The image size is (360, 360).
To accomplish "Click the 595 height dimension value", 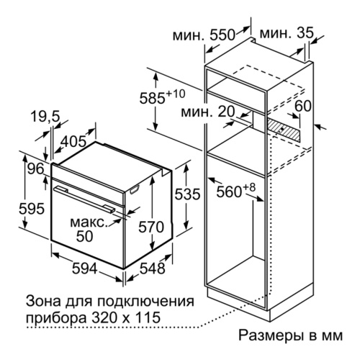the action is (x=32, y=208).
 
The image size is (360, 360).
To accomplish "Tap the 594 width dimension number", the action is (x=85, y=269).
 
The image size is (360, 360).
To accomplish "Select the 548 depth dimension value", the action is (x=153, y=269).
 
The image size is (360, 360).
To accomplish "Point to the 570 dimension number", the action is (x=151, y=227).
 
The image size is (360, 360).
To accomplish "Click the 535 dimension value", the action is (x=187, y=194).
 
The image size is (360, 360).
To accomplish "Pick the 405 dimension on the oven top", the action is (x=73, y=141).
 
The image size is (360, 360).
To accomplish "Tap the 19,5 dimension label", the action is (x=45, y=117).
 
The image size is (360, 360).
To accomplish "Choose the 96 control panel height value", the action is (x=35, y=169).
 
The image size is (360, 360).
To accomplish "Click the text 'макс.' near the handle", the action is (x=88, y=222).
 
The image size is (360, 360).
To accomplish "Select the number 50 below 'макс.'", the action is (x=84, y=236).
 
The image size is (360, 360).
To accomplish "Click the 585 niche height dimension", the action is (x=162, y=97).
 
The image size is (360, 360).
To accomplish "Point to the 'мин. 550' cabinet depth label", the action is (x=204, y=35).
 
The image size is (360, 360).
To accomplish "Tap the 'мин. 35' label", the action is (x=287, y=33).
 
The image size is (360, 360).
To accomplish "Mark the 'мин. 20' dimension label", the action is (x=208, y=112).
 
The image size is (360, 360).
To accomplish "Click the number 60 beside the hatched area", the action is (x=303, y=106).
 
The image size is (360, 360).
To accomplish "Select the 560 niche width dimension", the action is (x=235, y=190).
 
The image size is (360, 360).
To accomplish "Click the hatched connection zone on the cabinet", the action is (x=284, y=129).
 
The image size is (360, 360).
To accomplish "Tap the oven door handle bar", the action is (x=84, y=198).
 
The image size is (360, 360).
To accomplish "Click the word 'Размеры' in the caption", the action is (x=270, y=336).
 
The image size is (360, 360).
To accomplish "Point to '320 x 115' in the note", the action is (x=126, y=318).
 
